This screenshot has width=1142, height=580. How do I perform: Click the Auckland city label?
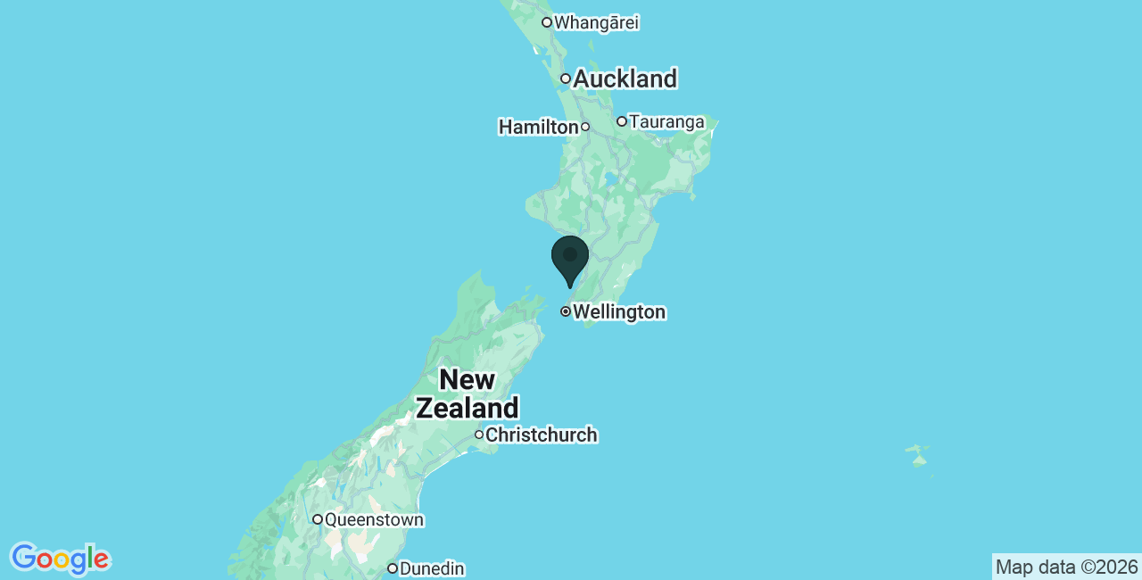tap(625, 79)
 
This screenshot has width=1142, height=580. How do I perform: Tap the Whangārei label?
tap(596, 22)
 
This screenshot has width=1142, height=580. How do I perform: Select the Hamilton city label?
tap(538, 128)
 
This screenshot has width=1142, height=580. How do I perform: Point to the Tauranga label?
tap(666, 121)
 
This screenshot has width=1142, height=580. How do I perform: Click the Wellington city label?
tap(619, 312)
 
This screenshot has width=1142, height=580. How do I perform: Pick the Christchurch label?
tap(541, 435)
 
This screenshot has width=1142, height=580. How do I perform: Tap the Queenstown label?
tap(374, 519)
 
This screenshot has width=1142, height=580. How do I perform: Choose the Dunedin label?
tap(432, 568)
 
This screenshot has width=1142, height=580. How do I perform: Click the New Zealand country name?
tap(468, 394)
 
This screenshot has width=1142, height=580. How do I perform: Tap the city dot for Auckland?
tap(566, 79)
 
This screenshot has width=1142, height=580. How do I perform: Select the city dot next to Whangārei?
tap(547, 22)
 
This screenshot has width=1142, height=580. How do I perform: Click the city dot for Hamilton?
tap(585, 127)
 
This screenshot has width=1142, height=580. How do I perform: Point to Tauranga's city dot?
tap(622, 121)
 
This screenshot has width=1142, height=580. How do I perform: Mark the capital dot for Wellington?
tap(566, 311)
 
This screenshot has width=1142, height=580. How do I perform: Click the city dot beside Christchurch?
tap(479, 435)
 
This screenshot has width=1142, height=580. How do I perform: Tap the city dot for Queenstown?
tap(317, 519)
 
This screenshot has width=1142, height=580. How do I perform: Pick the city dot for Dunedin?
tap(392, 568)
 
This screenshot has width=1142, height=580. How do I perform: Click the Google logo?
tap(60, 559)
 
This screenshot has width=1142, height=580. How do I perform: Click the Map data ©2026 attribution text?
tap(1066, 568)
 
